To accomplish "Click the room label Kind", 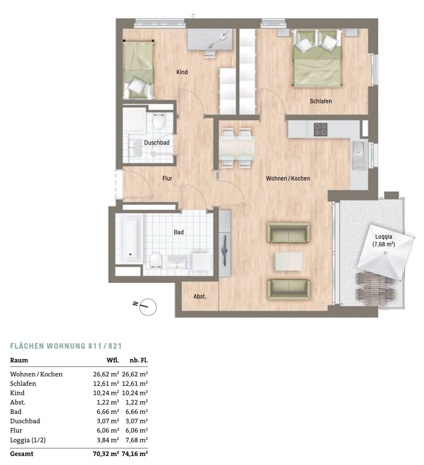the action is [x=182, y=72].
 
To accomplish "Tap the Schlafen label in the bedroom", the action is [x=320, y=101].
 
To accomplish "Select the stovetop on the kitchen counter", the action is [x=320, y=129].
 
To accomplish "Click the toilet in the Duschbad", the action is [x=159, y=121].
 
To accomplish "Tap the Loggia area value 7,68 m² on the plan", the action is [x=383, y=244].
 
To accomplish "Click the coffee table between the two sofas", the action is [x=289, y=261].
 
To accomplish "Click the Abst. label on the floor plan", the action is [x=200, y=296].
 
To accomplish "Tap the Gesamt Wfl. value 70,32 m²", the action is [x=106, y=454].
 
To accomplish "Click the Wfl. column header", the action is [x=113, y=360].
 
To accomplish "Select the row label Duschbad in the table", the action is [x=25, y=421].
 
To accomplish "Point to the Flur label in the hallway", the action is [x=167, y=178].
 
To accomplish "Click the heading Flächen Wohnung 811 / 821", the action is [x=66, y=346].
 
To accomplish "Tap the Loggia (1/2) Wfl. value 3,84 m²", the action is [x=108, y=440].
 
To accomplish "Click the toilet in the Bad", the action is [x=155, y=260].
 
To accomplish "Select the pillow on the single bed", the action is [x=135, y=85].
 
